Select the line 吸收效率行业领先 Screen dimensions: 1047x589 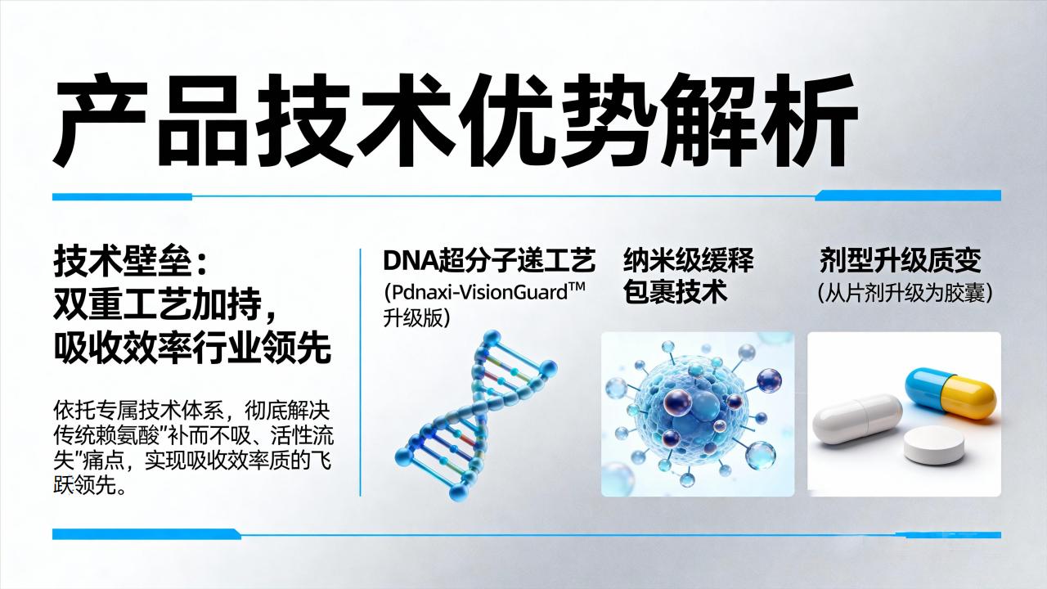(192, 348)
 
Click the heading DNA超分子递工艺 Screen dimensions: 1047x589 (489, 260)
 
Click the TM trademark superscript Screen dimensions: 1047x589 (577, 286)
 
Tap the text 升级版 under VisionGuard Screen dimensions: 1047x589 (413, 319)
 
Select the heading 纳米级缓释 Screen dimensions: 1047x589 (688, 260)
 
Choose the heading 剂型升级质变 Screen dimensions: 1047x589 (901, 260)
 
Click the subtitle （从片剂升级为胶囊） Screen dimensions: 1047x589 (905, 293)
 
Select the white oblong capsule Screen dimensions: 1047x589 (857, 420)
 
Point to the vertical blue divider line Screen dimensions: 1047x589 (361, 372)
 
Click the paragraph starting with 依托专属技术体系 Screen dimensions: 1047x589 (194, 447)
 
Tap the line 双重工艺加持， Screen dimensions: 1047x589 (164, 304)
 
